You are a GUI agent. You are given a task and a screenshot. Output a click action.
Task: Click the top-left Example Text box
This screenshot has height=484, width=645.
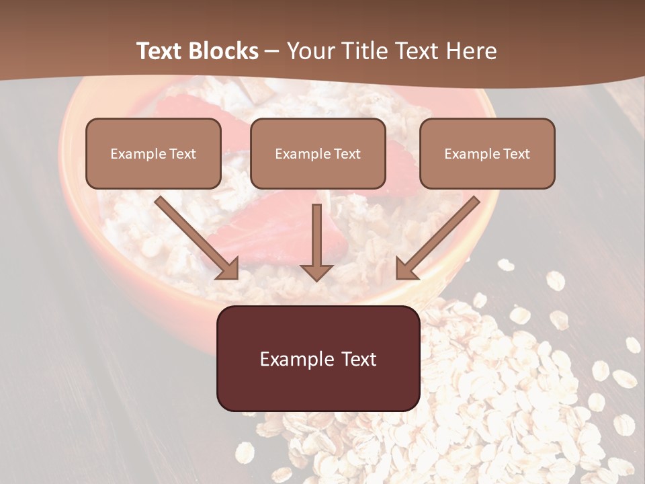click(x=153, y=153)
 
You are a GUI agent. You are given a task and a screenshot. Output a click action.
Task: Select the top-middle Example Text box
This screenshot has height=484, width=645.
click(x=318, y=153)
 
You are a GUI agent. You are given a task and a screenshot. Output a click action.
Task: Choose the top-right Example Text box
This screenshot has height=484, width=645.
click(x=487, y=153)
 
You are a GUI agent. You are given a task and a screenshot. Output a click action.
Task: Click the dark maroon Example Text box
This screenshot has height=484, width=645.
click(x=318, y=358)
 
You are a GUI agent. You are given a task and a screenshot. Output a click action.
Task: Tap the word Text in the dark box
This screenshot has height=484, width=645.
click(x=359, y=359)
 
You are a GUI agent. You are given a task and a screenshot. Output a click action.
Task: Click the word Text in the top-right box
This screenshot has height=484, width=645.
click(x=516, y=154)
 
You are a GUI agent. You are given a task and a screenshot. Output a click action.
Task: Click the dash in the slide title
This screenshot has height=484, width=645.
click(x=272, y=52)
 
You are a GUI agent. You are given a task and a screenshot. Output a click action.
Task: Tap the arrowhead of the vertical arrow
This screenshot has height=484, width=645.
click(x=316, y=271)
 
